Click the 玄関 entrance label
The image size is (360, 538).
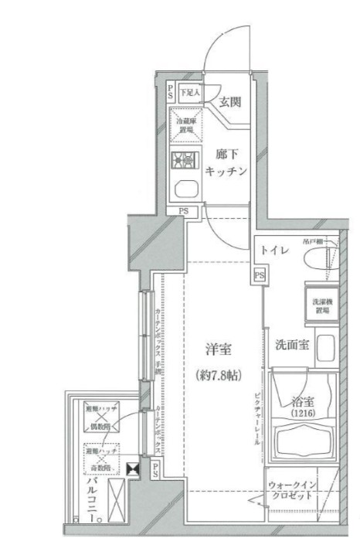(x=229, y=102)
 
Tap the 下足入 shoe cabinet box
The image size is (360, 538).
(x=189, y=93)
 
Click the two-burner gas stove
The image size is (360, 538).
(x=185, y=160)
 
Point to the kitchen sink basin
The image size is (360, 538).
(x=185, y=189)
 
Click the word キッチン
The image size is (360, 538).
(x=226, y=172)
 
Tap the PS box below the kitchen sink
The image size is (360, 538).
(x=184, y=210)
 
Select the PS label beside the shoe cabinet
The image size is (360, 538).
(x=171, y=93)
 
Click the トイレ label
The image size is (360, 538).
(x=275, y=250)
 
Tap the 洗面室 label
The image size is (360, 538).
(x=292, y=346)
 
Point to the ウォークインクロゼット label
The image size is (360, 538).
(x=290, y=490)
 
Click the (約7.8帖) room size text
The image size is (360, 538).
(x=219, y=375)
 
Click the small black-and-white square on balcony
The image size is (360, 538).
(x=136, y=468)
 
